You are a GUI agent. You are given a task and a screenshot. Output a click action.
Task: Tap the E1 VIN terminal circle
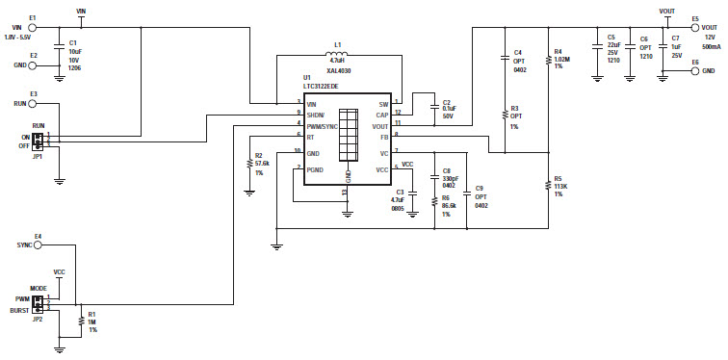coord(33,27)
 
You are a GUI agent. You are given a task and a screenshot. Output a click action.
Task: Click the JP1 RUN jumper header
coord(38,140)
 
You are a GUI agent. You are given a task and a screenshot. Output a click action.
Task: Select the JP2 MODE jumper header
coord(38,303)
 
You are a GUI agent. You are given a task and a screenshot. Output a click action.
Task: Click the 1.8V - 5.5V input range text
coord(22,38)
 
